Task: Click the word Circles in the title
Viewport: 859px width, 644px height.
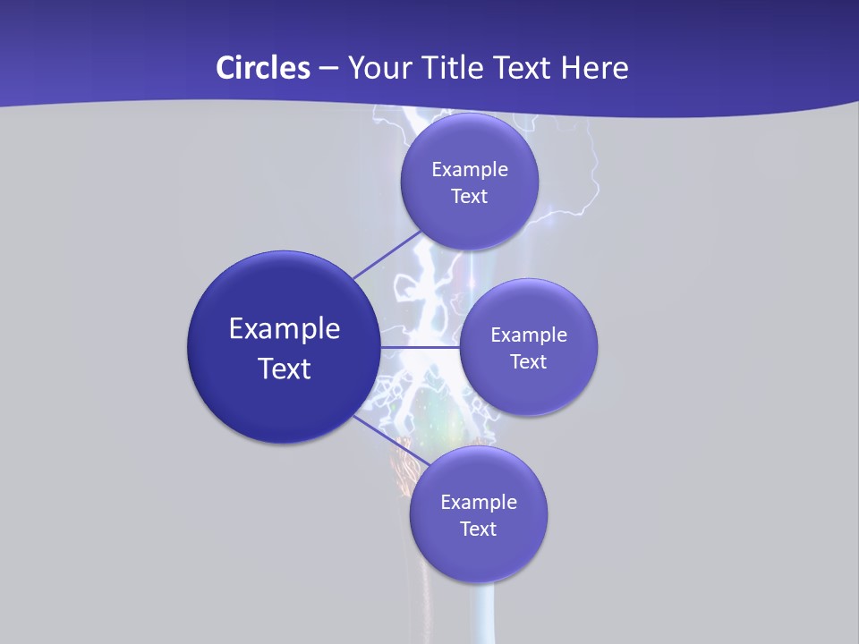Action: tap(263, 68)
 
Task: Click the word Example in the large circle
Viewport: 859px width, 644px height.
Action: tap(285, 329)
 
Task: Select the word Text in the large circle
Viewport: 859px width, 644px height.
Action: tap(285, 369)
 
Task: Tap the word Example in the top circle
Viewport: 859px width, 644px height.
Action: tap(470, 169)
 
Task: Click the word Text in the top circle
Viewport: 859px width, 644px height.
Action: tap(470, 196)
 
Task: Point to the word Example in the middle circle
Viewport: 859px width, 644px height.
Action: tap(529, 335)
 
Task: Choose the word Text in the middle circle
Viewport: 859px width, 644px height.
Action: tap(529, 361)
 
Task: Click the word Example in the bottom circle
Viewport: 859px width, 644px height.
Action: tap(479, 502)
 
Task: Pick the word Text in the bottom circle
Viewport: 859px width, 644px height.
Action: tap(479, 529)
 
